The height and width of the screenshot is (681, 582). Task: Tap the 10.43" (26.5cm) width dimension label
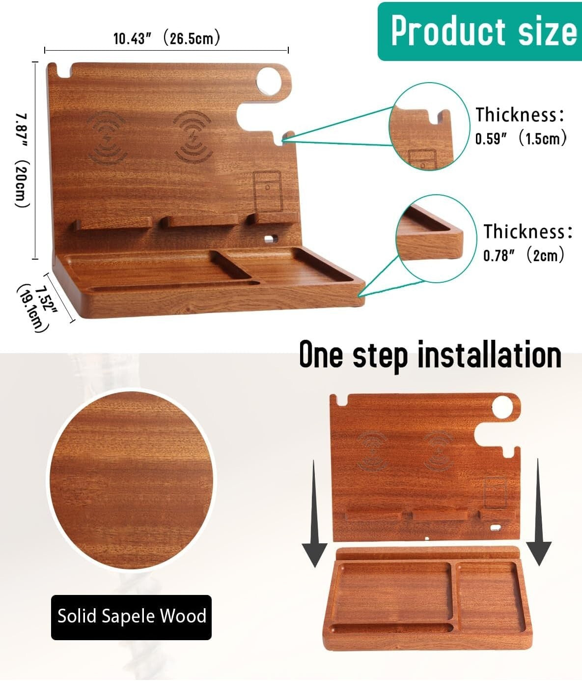166,38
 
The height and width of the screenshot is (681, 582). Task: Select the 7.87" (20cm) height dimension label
23,160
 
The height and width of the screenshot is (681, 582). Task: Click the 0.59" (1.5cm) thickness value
521,139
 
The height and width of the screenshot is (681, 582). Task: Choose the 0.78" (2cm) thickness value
524,256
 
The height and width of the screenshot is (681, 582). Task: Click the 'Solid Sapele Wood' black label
132,617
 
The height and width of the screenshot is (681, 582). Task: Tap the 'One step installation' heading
430,355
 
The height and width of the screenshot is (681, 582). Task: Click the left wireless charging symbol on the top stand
107,136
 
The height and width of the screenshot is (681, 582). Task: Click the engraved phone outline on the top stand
267,191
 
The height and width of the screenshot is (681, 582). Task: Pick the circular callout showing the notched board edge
428,127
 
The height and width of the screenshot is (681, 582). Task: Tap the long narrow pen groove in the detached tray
392,628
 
